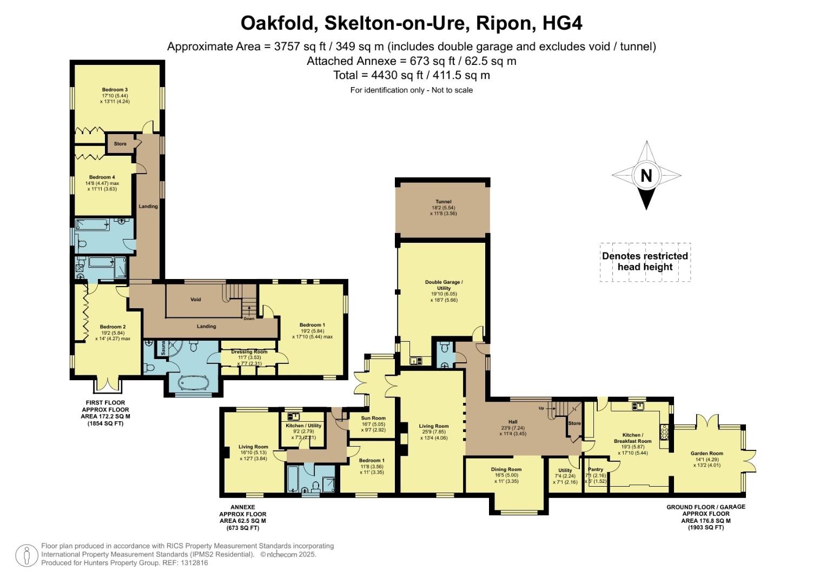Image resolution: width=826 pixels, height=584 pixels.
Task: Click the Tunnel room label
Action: coord(443,202)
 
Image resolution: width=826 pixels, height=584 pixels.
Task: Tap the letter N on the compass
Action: coord(645,176)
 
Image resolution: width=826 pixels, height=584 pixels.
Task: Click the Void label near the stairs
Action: coord(196,299)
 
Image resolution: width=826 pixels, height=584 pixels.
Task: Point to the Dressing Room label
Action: coord(249,352)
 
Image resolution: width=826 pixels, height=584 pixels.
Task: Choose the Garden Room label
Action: coord(706,454)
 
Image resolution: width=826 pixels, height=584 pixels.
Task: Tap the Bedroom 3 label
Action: coord(115,90)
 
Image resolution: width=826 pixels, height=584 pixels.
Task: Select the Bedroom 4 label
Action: coord(102,177)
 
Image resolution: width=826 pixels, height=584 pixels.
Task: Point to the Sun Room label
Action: coord(373,418)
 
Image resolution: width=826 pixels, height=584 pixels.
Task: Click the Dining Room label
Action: coord(506,469)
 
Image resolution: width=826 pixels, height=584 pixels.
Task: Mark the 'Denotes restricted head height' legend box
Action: coord(645,262)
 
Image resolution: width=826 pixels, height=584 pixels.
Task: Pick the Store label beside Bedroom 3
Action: coord(120,144)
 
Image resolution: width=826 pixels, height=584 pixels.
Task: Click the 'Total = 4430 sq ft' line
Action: coord(412,75)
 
